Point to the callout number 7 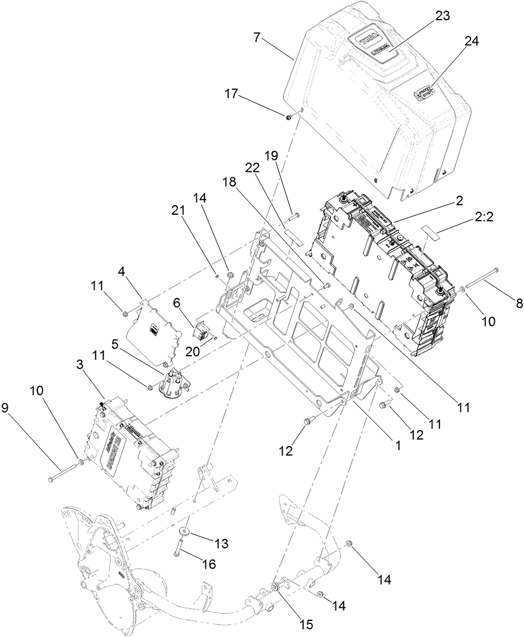(x=256, y=37)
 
